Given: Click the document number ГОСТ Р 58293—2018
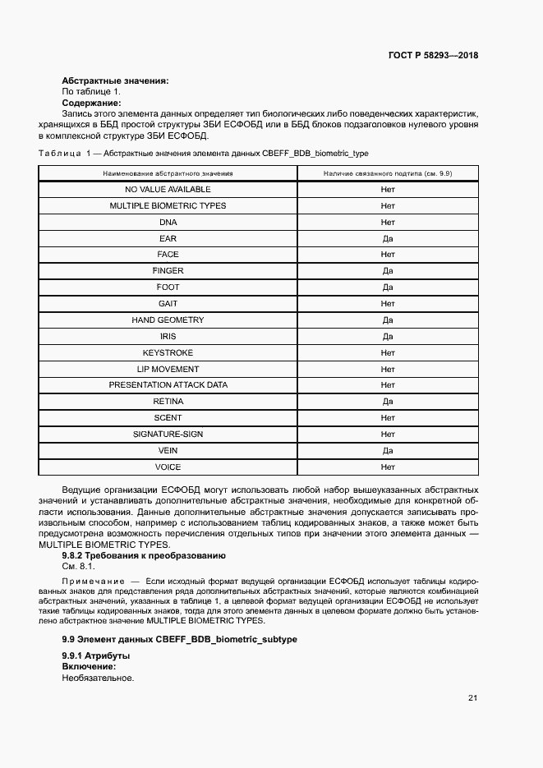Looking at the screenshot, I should pyautogui.click(x=433, y=56).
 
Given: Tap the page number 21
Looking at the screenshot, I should pyautogui.click(x=472, y=698).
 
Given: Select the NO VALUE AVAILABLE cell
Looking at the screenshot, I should pyautogui.click(x=168, y=190).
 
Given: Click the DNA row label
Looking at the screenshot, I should pyautogui.click(x=168, y=222).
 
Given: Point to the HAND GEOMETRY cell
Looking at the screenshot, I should pyautogui.click(x=168, y=320).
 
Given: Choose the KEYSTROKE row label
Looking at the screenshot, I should pyautogui.click(x=168, y=352).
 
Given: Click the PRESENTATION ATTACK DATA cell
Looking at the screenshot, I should pyautogui.click(x=168, y=385).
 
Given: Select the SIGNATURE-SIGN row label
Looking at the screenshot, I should pyautogui.click(x=168, y=434).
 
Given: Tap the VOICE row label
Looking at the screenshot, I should pyautogui.click(x=168, y=467).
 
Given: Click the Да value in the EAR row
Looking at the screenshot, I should pyautogui.click(x=388, y=238).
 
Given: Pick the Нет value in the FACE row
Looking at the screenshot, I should pyautogui.click(x=388, y=255).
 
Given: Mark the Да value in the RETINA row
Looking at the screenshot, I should pyautogui.click(x=388, y=402).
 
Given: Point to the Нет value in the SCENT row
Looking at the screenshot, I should pyautogui.click(x=388, y=417).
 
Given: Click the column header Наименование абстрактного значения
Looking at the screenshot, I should pyautogui.click(x=168, y=173).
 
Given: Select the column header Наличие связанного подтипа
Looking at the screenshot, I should pyautogui.click(x=388, y=173).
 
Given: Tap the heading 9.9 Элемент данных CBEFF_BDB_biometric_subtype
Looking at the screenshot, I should pyautogui.click(x=180, y=639).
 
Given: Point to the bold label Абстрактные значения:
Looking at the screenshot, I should pyautogui.click(x=115, y=80).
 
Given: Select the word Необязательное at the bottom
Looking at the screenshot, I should pyautogui.click(x=97, y=678).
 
